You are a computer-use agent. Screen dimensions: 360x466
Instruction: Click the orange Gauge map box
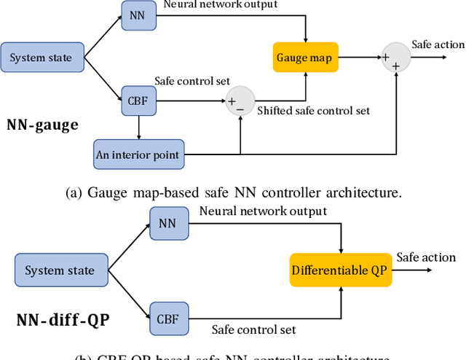point(304,58)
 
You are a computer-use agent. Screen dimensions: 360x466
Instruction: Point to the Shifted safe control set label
point(313,110)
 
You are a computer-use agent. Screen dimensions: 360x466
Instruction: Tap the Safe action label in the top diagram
point(437,44)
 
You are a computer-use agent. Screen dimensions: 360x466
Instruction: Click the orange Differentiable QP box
point(339,270)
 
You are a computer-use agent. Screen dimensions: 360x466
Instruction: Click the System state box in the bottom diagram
point(60,270)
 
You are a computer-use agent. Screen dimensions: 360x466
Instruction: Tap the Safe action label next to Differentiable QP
point(426,257)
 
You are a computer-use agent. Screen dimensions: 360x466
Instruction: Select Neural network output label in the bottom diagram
point(262,211)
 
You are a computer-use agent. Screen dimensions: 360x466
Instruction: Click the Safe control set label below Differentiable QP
point(253,329)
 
